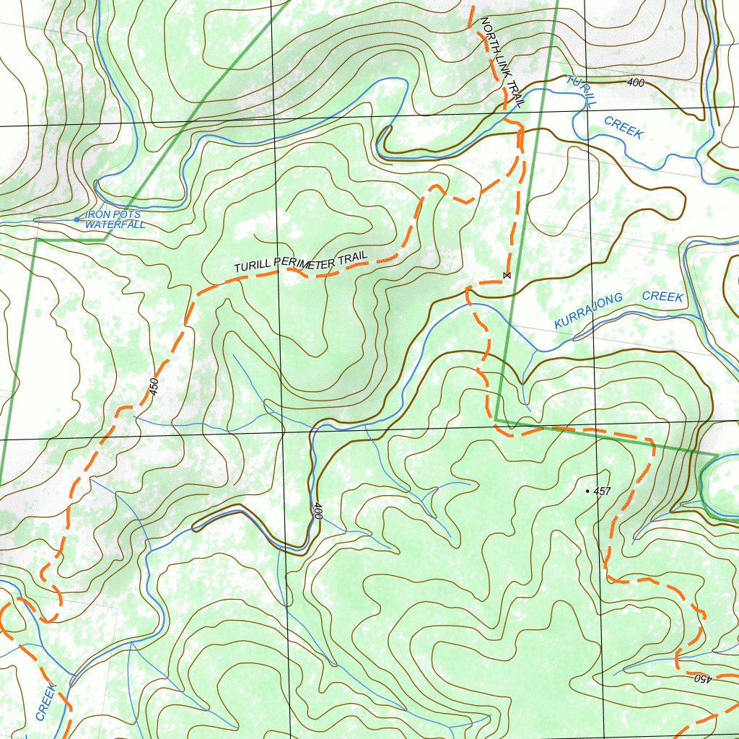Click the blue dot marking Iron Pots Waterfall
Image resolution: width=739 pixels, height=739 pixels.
(x=77, y=219)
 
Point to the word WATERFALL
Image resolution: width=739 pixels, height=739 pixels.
(x=115, y=224)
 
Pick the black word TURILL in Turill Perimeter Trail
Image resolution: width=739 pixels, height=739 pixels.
(x=252, y=267)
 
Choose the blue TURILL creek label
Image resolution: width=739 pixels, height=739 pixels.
(x=581, y=91)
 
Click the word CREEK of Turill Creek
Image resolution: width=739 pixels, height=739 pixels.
(x=624, y=126)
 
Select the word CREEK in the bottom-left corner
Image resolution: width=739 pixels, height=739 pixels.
(x=45, y=701)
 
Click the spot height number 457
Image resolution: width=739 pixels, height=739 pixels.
(x=603, y=491)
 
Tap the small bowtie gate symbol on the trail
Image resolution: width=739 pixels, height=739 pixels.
(x=507, y=276)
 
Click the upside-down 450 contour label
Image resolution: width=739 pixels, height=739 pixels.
(x=703, y=678)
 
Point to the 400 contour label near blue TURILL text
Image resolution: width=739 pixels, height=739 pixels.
(x=635, y=83)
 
